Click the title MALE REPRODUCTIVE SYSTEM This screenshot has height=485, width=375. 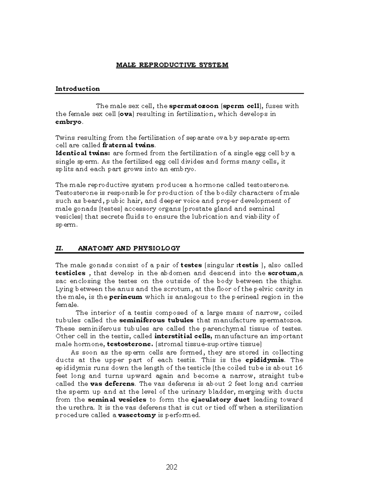point(172,65)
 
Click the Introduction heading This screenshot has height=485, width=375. point(77,89)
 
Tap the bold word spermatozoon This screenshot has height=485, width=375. point(193,106)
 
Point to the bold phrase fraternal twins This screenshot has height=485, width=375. point(128,145)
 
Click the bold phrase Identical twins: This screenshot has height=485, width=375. point(83,153)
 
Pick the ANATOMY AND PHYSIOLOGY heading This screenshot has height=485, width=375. point(129,249)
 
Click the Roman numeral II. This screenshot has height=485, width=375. point(59,249)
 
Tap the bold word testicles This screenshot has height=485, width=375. point(70,273)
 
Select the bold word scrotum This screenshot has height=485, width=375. point(283,273)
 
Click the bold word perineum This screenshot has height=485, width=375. point(126,297)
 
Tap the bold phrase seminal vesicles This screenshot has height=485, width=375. point(117,400)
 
